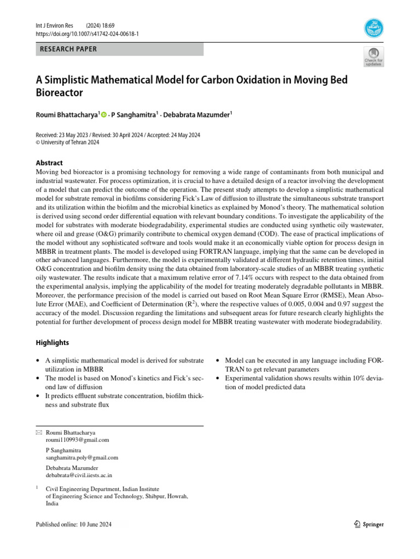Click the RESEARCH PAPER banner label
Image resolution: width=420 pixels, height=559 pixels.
[68, 49]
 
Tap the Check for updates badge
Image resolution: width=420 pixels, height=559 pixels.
[374, 57]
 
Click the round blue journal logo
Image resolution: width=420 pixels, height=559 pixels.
[374, 28]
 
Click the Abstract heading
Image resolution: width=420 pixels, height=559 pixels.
[49, 163]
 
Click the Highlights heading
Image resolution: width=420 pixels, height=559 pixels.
[52, 343]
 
